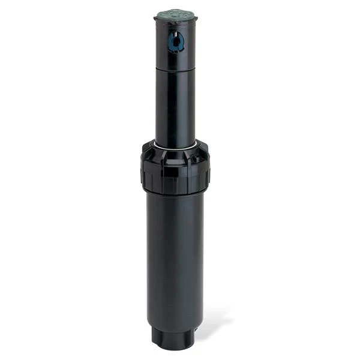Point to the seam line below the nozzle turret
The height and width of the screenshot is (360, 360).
(x=175, y=68)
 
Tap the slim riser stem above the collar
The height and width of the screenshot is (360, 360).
(x=175, y=105)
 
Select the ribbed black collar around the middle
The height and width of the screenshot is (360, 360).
(x=175, y=168)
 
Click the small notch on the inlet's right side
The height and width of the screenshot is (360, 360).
(x=193, y=336)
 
